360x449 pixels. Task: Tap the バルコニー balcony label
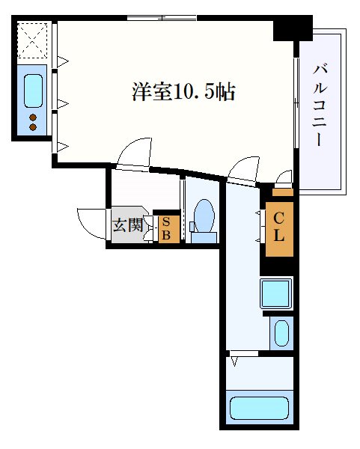point(321,106)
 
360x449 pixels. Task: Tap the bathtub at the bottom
point(258,409)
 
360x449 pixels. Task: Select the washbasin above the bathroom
point(281,332)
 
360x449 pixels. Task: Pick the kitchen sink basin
point(34,90)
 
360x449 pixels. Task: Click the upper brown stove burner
point(33,117)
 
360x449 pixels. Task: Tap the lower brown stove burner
point(33,127)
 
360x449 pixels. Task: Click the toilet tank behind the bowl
point(203,236)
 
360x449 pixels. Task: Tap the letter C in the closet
point(278,219)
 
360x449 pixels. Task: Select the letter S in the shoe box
point(166,222)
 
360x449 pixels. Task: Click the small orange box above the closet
point(282,192)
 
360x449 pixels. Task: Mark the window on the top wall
point(162,17)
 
